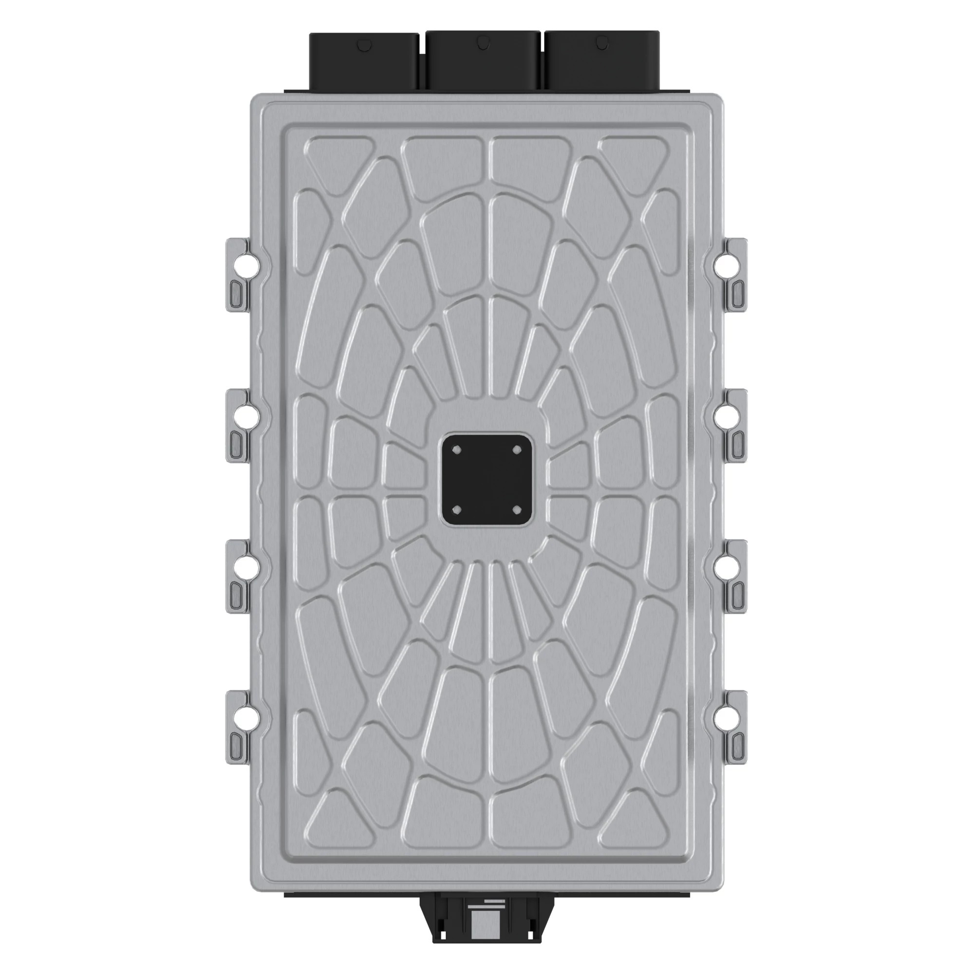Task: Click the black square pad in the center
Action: click(x=487, y=479)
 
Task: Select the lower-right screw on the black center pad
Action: click(x=516, y=510)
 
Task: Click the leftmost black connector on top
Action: click(x=363, y=60)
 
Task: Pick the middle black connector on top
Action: click(x=483, y=60)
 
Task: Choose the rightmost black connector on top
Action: click(x=602, y=60)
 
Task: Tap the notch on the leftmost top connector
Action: click(x=363, y=45)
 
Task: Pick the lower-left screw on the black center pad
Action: click(x=457, y=510)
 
